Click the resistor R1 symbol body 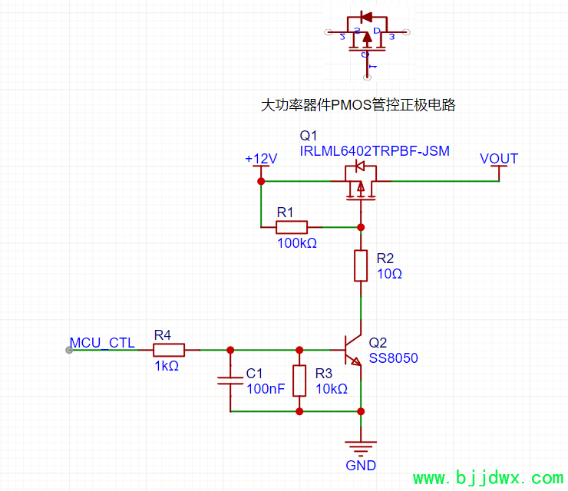tap(292, 227)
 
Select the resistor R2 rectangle tap(361, 265)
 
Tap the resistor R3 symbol tap(299, 380)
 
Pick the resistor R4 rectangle tap(168, 350)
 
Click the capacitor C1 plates tap(230, 381)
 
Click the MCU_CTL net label tap(102, 342)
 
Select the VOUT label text tap(499, 159)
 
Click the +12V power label tap(261, 159)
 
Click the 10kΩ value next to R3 tap(332, 389)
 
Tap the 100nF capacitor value tap(266, 389)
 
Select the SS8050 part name tap(394, 358)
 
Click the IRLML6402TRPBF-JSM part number tap(375, 151)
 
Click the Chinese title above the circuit tap(358, 105)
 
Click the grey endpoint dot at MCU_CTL tap(70, 350)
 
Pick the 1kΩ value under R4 tap(167, 366)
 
